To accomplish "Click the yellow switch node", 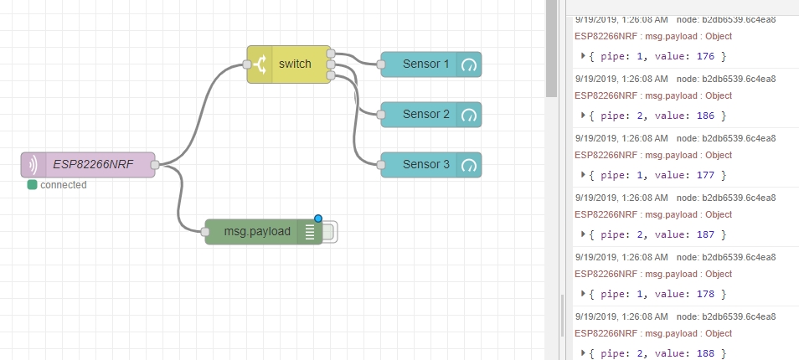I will point(289,64).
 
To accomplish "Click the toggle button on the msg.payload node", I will point(330,232).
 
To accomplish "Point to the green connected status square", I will point(33,184).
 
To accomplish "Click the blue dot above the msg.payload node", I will point(318,219).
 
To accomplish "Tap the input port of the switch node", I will point(246,64).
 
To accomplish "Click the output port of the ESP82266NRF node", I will point(155,165).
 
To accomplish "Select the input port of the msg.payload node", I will point(205,232).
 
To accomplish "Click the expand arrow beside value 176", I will point(584,56).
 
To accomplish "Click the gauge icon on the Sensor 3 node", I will point(469,165).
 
